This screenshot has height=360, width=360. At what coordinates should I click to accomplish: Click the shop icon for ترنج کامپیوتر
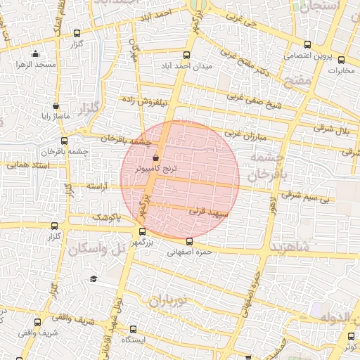click(x=155, y=158)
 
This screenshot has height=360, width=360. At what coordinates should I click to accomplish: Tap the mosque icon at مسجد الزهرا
click(x=36, y=53)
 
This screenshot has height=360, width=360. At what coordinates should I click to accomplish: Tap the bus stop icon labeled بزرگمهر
click(x=143, y=231)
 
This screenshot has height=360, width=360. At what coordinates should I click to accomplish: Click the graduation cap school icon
click(x=93, y=279)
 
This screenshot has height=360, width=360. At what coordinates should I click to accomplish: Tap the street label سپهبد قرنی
click(x=205, y=210)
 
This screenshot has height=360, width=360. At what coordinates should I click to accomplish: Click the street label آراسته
click(x=101, y=187)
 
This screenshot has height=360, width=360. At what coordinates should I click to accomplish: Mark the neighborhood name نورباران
click(x=166, y=301)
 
